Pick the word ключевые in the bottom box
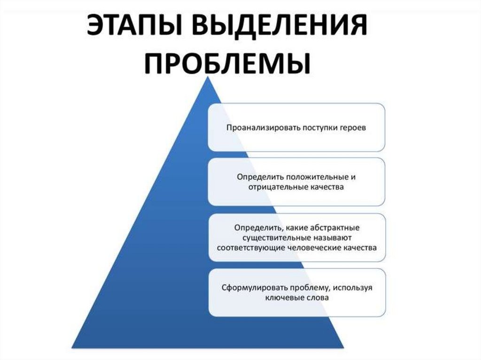[x=282, y=298]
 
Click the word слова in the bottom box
[x=317, y=298]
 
